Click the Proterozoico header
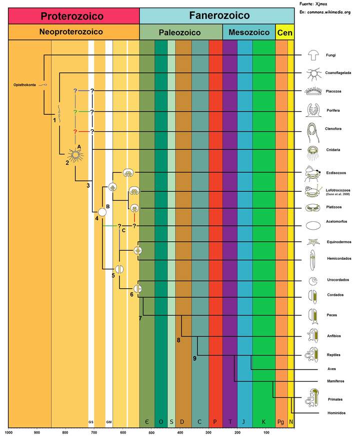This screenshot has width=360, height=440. pos(72,16)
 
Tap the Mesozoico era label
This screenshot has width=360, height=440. pos(248,33)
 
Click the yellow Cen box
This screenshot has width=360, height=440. pos(284,33)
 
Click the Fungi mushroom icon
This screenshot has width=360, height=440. pos(313,54)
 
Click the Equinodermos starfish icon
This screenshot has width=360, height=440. pos(313,242)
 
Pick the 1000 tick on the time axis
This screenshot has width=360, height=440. pos(8,433)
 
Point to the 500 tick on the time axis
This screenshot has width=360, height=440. pos(152,433)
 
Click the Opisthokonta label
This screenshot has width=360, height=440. pos(24,84)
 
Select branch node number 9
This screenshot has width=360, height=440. pos(194,358)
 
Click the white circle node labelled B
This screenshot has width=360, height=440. pos(102,212)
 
